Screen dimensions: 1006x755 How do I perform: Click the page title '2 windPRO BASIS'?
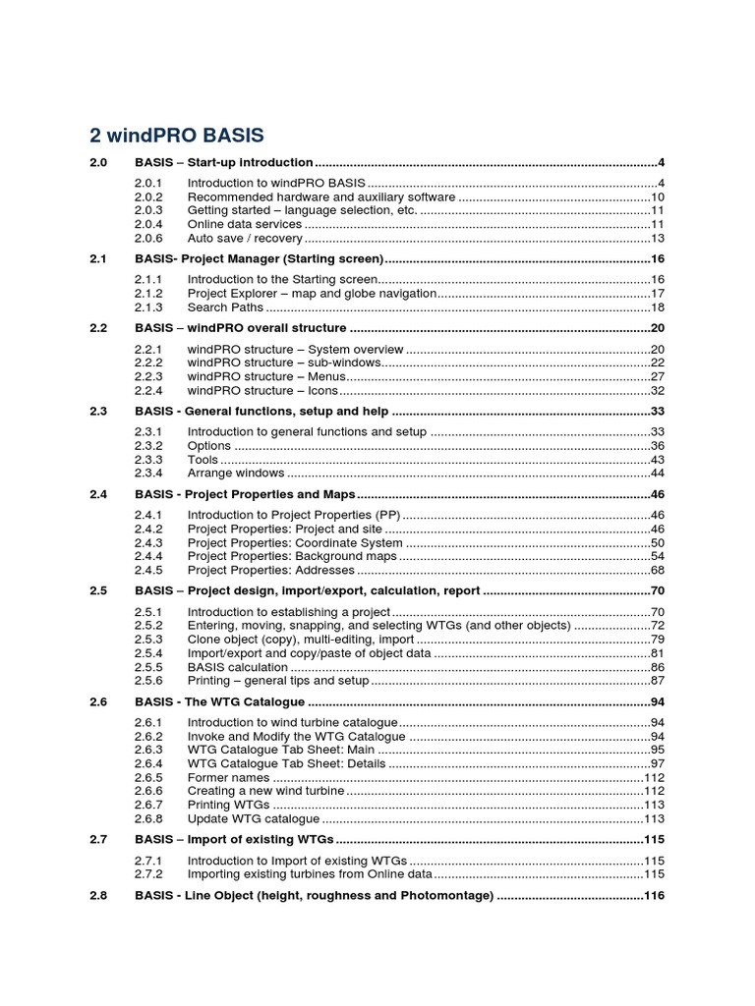[x=177, y=134]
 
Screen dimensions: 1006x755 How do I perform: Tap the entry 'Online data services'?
[x=245, y=224]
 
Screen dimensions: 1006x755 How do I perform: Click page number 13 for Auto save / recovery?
[x=659, y=238]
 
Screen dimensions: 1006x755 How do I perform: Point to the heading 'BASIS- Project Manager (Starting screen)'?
[x=259, y=258]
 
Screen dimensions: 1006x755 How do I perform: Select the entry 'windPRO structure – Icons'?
[x=262, y=390]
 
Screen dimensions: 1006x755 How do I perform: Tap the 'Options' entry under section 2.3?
[x=208, y=446]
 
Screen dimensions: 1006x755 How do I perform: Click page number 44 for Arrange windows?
[x=659, y=474]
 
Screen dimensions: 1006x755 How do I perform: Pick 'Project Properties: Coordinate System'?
[x=295, y=542]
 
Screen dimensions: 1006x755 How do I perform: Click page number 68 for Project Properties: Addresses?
[x=659, y=570]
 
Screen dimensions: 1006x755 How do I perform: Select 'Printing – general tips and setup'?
[x=278, y=681]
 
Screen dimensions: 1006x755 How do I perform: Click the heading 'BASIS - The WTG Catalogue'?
[x=219, y=701]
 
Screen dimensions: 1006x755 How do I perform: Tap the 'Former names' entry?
[x=228, y=777]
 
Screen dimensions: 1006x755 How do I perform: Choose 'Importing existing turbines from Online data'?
[x=309, y=873]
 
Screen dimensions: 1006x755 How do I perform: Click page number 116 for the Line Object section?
[x=655, y=895]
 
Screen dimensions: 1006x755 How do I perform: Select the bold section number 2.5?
[x=97, y=590]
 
